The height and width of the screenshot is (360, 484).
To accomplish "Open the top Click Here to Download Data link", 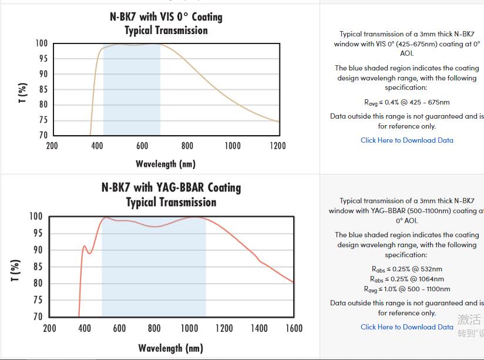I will coord(406,140).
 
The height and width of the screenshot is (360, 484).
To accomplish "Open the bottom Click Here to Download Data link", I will coord(406,327).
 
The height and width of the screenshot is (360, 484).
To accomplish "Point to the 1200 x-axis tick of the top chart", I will coord(277,146).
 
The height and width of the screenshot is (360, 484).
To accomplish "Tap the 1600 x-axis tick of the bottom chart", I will coord(294,328).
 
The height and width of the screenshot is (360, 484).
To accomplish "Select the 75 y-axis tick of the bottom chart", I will coord(36,300).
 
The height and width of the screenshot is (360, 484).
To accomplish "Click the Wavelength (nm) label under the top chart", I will coord(166,164).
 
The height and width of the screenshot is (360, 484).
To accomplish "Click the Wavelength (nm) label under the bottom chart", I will coord(170,348).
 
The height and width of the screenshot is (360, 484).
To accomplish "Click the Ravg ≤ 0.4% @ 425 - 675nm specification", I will coord(406,102).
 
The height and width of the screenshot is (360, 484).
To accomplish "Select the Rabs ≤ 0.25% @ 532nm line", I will coord(406,270).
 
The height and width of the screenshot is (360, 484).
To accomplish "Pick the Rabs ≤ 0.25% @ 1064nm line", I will coord(406,279).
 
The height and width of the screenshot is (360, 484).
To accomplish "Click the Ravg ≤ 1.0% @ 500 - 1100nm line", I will coord(406,289).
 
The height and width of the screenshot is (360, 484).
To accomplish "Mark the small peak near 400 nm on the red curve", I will coord(85,246).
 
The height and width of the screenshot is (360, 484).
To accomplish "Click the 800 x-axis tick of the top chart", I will coord(187,146).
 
